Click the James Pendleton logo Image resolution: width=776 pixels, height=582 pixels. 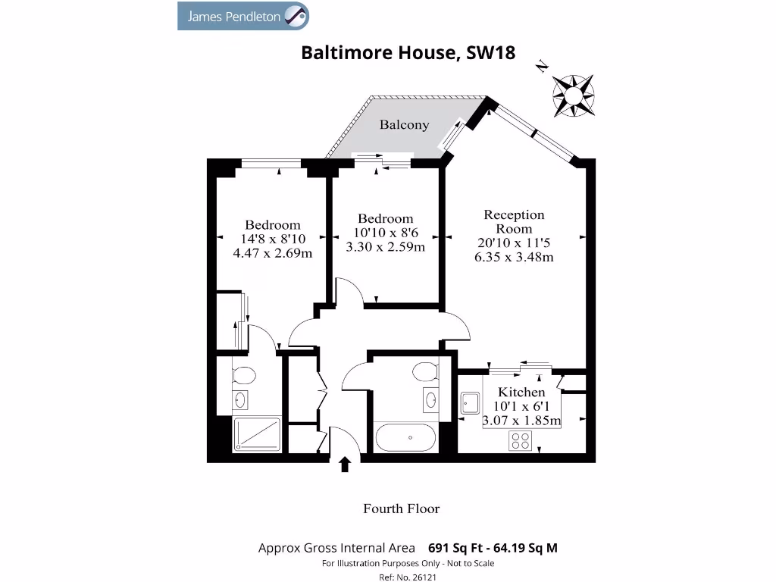[242, 16]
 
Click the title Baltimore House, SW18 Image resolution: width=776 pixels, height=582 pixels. [408, 53]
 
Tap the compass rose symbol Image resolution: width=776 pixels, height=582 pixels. [573, 94]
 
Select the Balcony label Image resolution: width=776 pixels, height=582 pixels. [404, 125]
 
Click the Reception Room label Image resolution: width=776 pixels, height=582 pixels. [514, 222]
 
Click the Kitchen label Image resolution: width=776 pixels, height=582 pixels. [521, 393]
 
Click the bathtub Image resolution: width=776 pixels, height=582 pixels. [405, 437]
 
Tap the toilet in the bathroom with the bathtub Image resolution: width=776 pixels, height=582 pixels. [425, 371]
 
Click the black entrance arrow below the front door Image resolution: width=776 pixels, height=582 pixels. [346, 464]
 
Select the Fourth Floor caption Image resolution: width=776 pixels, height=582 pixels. [401, 508]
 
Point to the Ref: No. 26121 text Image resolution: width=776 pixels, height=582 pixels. [407, 577]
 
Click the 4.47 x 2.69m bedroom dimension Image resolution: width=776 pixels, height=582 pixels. [272, 253]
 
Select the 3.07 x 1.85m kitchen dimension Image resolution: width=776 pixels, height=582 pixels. [521, 421]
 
